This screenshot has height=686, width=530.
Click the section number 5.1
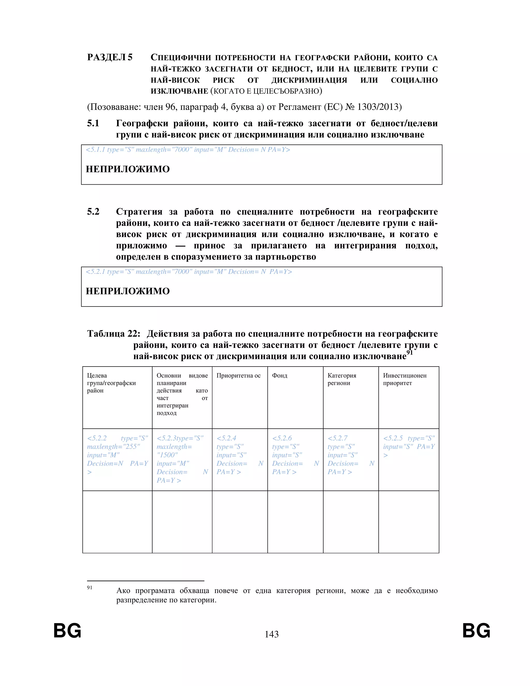coord(93,123)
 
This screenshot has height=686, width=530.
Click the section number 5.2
coord(93,212)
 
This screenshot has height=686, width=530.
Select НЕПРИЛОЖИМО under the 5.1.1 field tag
coord(128,169)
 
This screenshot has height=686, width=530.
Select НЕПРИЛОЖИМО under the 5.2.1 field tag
coord(128,291)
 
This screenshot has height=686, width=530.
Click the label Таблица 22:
coord(114,334)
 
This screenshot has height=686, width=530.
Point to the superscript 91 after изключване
coord(409,352)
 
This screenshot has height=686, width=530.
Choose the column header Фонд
coord(279,376)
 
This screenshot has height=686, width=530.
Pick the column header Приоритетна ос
coord(238,376)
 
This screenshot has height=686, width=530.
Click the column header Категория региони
coord(342,379)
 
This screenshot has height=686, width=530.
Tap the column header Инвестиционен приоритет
coord(404,379)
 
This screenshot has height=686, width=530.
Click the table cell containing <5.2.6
coord(295,459)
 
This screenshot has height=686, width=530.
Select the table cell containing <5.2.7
coord(351,459)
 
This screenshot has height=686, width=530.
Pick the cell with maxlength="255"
coord(117,459)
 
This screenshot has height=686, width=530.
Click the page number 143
coord(271,634)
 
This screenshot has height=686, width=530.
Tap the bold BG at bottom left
coord(67,631)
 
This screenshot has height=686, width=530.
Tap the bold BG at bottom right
coord(476,631)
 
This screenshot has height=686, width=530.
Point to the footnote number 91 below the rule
coord(90,588)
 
